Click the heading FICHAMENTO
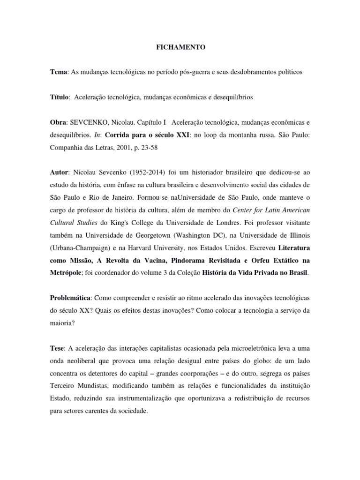click(x=180, y=48)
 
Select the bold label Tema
click(x=59, y=72)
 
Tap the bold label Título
click(x=60, y=97)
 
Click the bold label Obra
click(x=59, y=122)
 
